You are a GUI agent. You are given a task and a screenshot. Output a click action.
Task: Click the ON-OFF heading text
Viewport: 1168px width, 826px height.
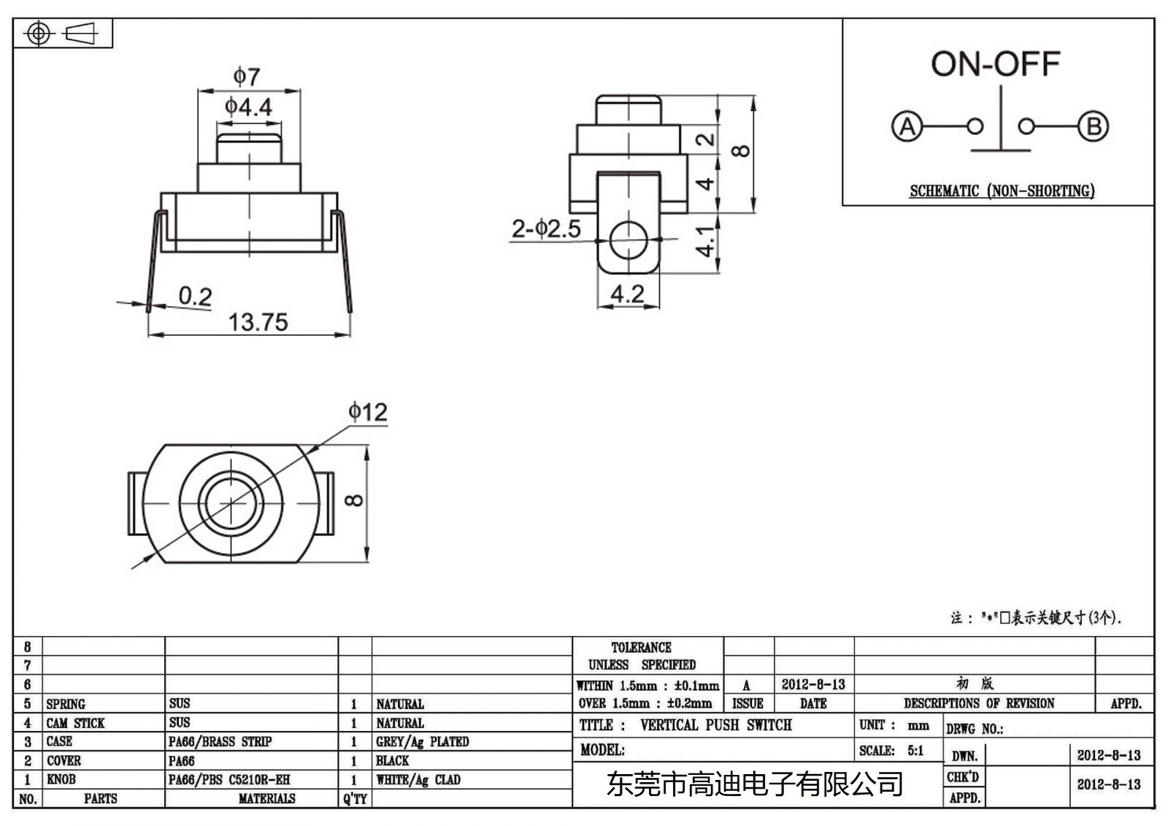(x=994, y=64)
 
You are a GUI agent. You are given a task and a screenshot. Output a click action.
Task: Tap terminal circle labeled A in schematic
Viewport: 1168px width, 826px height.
(x=907, y=126)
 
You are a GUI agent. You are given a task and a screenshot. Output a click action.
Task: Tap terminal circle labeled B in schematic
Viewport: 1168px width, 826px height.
(x=1093, y=126)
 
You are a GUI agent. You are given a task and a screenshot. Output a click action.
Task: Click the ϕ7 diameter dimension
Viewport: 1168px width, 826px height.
(x=247, y=76)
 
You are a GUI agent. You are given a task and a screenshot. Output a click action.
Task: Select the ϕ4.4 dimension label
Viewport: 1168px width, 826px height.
(x=248, y=107)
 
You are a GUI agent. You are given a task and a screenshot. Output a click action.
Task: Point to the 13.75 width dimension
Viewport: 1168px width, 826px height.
(x=258, y=322)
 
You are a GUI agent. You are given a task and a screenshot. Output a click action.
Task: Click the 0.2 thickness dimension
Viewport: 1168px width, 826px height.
(x=195, y=296)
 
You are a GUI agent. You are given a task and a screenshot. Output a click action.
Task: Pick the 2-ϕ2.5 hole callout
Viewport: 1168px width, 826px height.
(x=546, y=229)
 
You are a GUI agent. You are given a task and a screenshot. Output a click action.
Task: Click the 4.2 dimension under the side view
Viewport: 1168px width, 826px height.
(x=627, y=294)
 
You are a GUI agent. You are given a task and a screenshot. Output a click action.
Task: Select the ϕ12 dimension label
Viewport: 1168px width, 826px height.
(x=367, y=412)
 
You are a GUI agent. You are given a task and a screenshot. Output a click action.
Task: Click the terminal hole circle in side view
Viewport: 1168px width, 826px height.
(x=628, y=240)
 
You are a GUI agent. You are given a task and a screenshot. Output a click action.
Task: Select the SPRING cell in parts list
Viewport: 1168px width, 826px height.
(x=66, y=704)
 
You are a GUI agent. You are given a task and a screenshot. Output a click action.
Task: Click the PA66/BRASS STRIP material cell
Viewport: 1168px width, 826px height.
(x=220, y=742)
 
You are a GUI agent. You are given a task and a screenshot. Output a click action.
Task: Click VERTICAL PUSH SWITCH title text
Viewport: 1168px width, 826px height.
(x=715, y=725)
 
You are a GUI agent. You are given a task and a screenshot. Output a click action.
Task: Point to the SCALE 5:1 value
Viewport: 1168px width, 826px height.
(x=915, y=751)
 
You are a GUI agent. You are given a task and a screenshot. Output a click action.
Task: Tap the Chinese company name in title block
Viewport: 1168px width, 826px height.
(x=755, y=784)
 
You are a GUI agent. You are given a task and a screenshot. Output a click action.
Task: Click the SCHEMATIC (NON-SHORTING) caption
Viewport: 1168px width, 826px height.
(x=1002, y=191)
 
